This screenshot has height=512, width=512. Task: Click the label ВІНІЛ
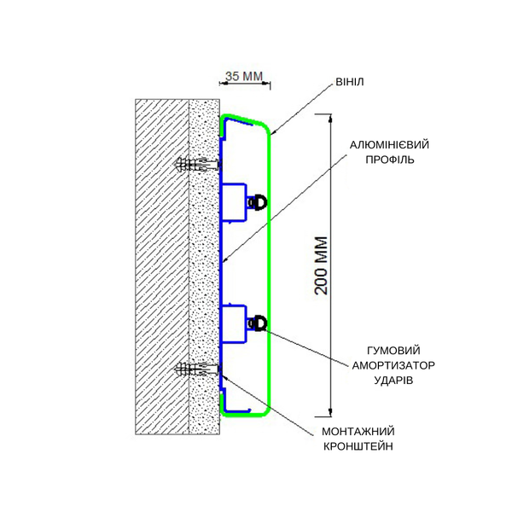click(x=350, y=82)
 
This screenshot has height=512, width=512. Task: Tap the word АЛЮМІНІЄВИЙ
click(x=389, y=145)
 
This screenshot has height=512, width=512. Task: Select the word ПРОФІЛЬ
click(x=390, y=160)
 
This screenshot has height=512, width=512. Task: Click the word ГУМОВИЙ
click(x=393, y=351)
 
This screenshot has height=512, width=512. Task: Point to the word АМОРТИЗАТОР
click(x=393, y=365)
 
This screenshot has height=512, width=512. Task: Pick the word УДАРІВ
click(x=393, y=381)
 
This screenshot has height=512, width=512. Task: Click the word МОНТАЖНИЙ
click(x=358, y=431)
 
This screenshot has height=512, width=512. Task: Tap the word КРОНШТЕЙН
click(x=358, y=446)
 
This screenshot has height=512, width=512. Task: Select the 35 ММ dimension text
click(x=244, y=76)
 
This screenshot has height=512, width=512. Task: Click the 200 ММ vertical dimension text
click(x=322, y=265)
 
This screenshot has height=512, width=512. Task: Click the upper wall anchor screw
click(x=199, y=165)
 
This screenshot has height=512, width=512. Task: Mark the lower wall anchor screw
click(x=199, y=369)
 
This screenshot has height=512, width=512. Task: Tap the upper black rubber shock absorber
click(x=260, y=201)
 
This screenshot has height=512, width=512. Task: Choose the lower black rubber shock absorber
click(x=260, y=323)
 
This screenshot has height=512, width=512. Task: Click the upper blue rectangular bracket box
click(x=234, y=202)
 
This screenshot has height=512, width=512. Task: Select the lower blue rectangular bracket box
click(x=234, y=324)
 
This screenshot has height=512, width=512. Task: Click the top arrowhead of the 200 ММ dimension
click(x=331, y=118)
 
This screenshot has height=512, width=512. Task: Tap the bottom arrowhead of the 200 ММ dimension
click(x=331, y=412)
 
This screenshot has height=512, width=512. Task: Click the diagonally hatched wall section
click(x=162, y=267)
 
